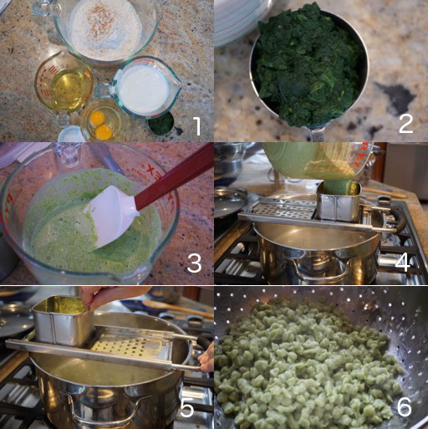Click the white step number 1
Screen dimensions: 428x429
(196, 126)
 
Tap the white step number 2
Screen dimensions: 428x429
(405, 123)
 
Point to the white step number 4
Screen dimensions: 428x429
(402, 262)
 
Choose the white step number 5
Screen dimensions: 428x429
(186, 407)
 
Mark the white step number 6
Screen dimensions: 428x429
(404, 406)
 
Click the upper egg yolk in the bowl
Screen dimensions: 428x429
(97, 117)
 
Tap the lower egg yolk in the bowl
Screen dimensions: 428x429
(104, 131)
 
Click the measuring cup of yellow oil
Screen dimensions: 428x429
(64, 83)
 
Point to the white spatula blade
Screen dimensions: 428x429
(111, 216)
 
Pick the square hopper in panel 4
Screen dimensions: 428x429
(339, 201)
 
